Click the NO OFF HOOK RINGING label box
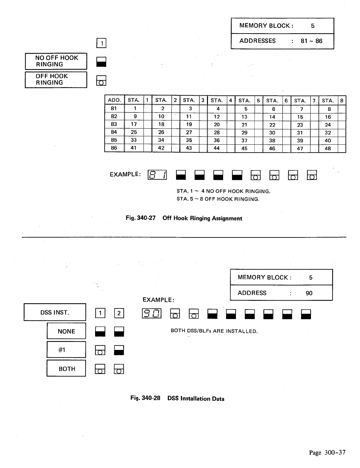coord(56,61)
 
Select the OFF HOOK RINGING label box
coord(56,80)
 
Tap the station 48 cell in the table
coord(328,148)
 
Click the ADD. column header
coord(114,100)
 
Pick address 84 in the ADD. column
coord(114,132)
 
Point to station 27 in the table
coord(189,132)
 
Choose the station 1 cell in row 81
coord(134,109)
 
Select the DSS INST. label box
coord(55,312)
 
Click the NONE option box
coord(66,331)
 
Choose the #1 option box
coord(66,350)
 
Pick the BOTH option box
coord(66,369)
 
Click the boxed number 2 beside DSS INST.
coord(118,313)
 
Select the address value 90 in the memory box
coord(309,293)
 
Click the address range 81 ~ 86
coord(311,41)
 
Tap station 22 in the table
coord(272,125)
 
